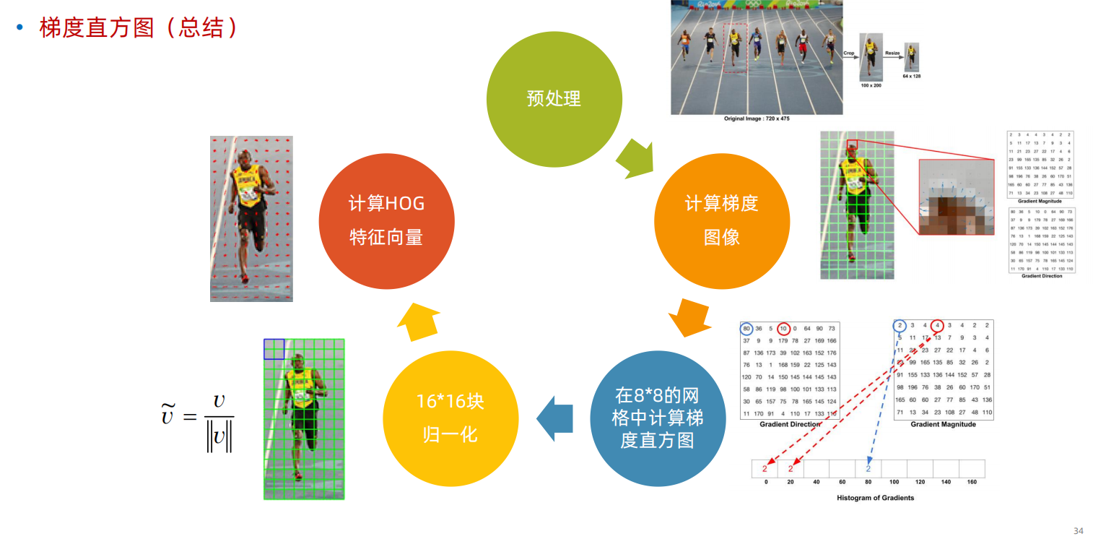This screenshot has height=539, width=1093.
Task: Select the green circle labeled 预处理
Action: (554, 99)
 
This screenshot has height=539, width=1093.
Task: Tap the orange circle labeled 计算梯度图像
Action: (721, 221)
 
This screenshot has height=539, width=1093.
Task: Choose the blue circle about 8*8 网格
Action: (657, 418)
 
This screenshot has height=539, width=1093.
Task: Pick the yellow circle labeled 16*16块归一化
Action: (450, 418)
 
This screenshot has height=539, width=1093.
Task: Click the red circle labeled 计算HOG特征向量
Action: (386, 221)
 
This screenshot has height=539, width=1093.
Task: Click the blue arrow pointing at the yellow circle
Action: (554, 418)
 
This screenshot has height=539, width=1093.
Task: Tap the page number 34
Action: (1078, 531)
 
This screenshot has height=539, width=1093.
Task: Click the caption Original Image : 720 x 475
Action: (757, 118)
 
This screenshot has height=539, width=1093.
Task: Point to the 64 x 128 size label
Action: (911, 76)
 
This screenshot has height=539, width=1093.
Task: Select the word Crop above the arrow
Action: (849, 53)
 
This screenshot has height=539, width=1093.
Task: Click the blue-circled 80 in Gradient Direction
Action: (746, 329)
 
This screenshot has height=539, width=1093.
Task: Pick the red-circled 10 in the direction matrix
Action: (784, 329)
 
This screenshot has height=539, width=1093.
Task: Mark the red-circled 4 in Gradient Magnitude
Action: (937, 325)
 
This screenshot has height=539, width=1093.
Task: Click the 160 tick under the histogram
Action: (972, 481)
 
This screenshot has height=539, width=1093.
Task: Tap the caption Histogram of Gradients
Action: (875, 498)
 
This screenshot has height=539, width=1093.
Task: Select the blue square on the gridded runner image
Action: (274, 349)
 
